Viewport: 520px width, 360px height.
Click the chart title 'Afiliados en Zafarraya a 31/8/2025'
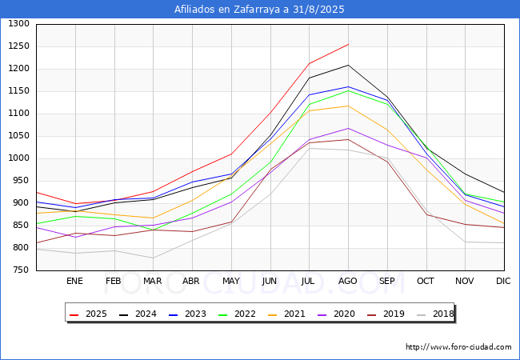(259, 10)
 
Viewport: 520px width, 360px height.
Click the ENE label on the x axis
(74, 281)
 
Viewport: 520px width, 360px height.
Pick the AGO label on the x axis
(348, 281)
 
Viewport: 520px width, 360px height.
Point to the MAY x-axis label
(231, 281)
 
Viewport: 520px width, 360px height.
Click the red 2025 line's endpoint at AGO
(348, 44)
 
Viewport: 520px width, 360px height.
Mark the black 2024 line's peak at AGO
(348, 65)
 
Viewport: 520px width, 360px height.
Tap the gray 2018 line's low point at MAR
(153, 258)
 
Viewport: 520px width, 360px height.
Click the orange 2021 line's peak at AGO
(348, 106)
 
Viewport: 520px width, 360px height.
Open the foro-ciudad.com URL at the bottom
(458, 347)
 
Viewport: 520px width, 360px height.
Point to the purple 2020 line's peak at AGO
(348, 128)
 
